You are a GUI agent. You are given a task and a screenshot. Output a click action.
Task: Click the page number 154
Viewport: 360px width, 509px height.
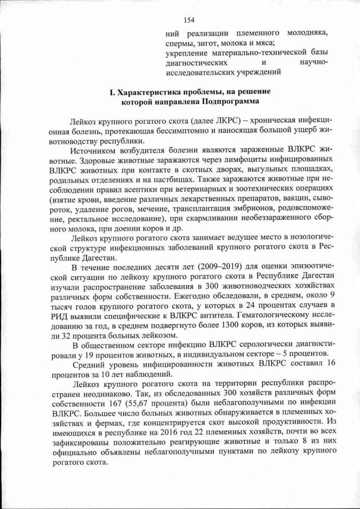point(188,21)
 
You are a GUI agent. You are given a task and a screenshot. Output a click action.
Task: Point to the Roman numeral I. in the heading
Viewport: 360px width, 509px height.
point(97,91)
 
